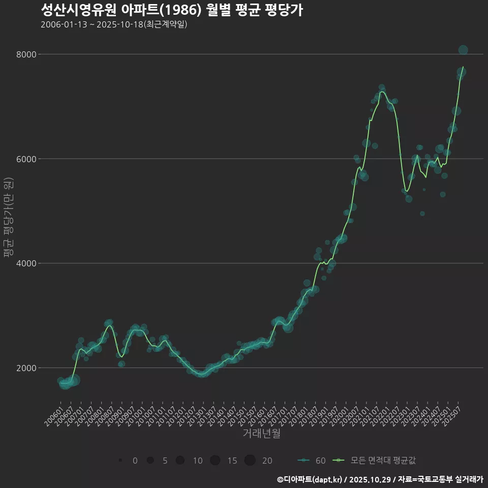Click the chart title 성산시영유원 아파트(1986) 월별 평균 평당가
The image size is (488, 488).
(172, 10)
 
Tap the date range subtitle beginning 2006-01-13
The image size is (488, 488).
(114, 24)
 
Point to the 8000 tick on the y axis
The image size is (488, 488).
(27, 54)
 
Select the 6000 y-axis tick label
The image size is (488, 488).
(27, 159)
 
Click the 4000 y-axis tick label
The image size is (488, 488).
(27, 263)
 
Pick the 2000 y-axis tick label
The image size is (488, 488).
(27, 368)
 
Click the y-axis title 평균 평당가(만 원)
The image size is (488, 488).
(8, 218)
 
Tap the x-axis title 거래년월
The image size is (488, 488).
(261, 434)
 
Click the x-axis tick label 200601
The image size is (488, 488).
(53, 415)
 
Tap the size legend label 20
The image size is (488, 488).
(267, 461)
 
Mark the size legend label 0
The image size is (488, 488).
(135, 461)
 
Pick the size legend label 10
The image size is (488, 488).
(198, 461)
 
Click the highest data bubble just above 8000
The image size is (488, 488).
(463, 50)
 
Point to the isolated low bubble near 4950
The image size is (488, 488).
(422, 213)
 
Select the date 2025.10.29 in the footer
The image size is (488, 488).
(371, 479)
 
